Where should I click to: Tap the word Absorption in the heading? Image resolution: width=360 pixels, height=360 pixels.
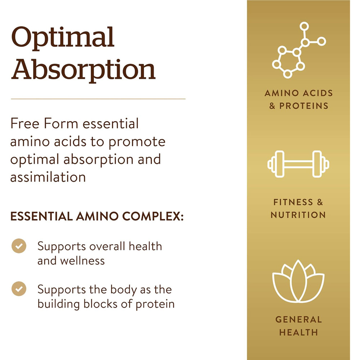tap(84, 70)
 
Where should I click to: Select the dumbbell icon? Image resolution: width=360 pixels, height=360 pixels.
tap(298, 164)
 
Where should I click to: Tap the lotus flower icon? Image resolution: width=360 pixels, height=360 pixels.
tap(298, 280)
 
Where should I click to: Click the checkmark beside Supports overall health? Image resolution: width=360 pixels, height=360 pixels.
tap(19, 246)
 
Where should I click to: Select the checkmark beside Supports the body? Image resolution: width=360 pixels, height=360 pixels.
tap(19, 289)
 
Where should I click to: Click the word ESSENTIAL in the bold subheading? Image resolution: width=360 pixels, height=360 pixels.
tap(41, 216)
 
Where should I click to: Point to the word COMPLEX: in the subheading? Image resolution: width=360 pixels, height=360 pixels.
tap(153, 216)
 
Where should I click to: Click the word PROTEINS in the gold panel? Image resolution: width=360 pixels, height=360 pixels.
tap(304, 106)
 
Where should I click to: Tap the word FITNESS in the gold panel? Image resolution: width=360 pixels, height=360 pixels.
tap(293, 202)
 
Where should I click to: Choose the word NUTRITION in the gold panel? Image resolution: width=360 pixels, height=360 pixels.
tap(298, 215)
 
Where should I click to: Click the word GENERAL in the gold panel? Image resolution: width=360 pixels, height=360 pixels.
tap(298, 320)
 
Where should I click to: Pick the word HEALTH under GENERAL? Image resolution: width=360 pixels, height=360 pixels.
tap(298, 332)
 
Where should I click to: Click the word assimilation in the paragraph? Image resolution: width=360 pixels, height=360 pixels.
tap(48, 177)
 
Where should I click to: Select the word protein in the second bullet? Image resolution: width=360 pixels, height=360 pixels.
tap(155, 305)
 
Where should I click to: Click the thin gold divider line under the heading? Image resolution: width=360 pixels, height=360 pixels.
tap(98, 99)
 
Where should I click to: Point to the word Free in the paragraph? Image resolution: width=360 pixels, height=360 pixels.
tap(25, 123)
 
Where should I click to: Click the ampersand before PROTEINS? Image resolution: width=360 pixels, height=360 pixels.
tap(272, 106)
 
